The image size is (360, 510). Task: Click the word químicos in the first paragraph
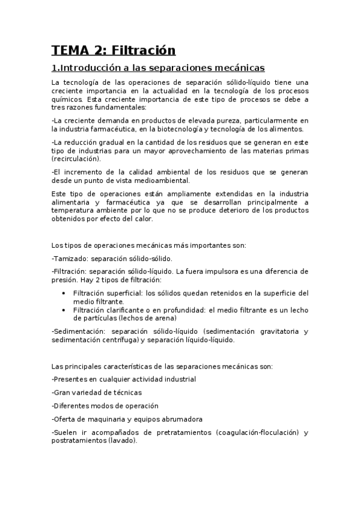click(x=67, y=99)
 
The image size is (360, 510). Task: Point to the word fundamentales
click(x=119, y=108)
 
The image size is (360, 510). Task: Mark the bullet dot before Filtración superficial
click(x=64, y=293)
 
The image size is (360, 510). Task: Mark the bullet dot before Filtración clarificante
click(x=64, y=310)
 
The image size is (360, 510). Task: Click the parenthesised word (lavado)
click(x=121, y=440)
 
